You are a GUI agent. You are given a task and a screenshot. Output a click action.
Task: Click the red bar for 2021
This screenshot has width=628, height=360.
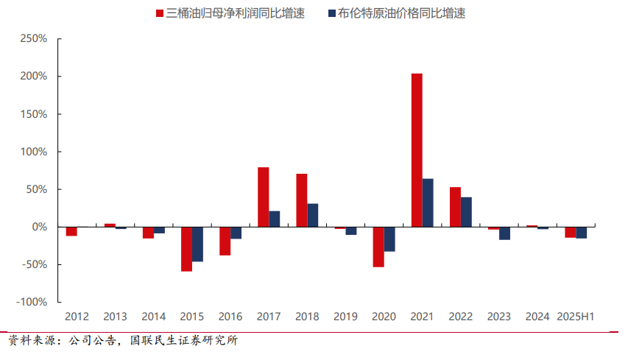point(417,150)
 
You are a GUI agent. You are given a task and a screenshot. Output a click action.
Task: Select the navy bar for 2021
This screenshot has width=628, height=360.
point(428,202)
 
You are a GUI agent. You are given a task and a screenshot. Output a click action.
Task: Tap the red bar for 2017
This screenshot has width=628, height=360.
point(263,197)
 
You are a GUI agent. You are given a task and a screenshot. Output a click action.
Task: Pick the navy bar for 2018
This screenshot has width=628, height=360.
point(313,215)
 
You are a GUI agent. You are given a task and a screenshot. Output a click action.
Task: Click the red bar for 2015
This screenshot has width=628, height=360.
point(186,249)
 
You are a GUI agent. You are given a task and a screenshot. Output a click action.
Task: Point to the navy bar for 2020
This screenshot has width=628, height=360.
point(389,239)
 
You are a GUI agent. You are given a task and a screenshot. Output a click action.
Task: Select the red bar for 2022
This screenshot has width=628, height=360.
point(455,207)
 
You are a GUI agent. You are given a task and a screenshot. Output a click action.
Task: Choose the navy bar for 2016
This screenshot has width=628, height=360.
point(236,233)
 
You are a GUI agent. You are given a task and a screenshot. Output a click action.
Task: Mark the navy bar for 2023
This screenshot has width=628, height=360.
point(505,233)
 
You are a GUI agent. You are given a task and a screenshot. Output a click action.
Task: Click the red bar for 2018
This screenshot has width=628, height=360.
point(302,200)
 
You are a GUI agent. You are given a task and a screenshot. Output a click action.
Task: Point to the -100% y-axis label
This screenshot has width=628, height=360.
point(32,302)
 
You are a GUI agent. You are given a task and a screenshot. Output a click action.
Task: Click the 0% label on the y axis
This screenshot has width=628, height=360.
point(40,227)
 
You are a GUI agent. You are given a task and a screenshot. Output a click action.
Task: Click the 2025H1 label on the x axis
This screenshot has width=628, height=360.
point(576,317)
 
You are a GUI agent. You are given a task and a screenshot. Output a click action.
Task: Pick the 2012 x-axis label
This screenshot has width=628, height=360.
point(77,317)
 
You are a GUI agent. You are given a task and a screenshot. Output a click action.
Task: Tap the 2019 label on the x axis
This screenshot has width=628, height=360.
point(345,317)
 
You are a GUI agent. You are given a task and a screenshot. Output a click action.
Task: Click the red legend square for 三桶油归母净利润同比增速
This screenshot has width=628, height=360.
point(160,13)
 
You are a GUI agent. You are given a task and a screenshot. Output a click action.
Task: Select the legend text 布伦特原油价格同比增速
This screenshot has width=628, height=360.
point(401,13)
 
